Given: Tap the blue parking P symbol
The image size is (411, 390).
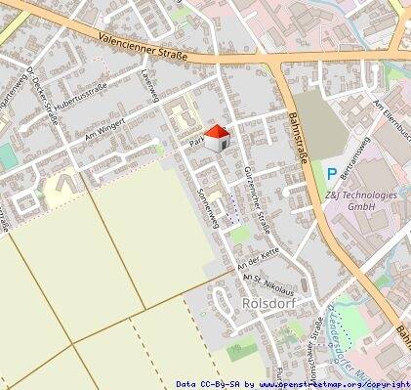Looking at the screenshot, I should pyautogui.click(x=332, y=174).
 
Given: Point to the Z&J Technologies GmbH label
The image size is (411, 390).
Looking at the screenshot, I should pyautogui.click(x=362, y=201).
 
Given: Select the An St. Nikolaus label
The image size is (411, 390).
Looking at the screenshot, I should pyautogui.click(x=267, y=282).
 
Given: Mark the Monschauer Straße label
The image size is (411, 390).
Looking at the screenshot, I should pyautogui.click(x=317, y=347).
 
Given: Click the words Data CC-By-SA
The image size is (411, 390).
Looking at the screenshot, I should pyautogui.click(x=207, y=384).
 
